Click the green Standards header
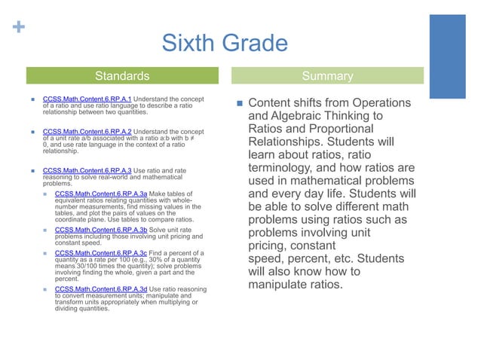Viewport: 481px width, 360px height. pos(127,76)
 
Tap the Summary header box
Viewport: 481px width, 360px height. pos(326,76)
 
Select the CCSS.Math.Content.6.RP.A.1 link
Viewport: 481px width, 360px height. pos(87,99)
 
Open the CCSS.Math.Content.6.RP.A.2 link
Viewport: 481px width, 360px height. pos(87,131)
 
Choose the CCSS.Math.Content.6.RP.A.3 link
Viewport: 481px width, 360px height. pos(87,172)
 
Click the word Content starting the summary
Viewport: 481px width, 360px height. pos(272,102)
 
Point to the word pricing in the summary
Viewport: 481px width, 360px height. pos(271,245)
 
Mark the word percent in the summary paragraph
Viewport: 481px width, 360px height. pos(307,258)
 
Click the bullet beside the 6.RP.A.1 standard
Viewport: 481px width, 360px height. pos(35,99)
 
